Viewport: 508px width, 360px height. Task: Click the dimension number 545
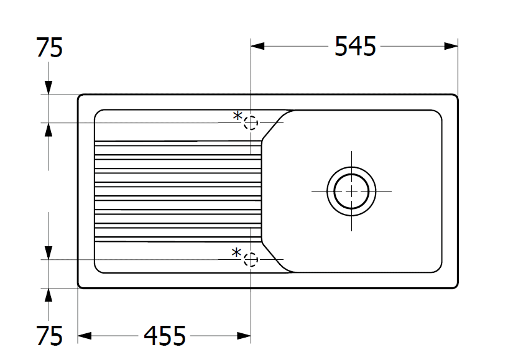pyautogui.click(x=355, y=47)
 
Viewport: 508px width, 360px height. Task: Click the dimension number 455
pyautogui.click(x=165, y=336)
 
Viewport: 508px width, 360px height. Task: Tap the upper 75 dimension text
pyautogui.click(x=49, y=48)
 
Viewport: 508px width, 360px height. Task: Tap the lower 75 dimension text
pyautogui.click(x=49, y=336)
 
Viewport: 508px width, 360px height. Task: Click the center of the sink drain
pyautogui.click(x=351, y=191)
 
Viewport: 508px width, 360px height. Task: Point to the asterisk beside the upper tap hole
pyautogui.click(x=238, y=116)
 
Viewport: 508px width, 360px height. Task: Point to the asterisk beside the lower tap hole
pyautogui.click(x=236, y=252)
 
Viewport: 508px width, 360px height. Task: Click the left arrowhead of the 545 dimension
pyautogui.click(x=257, y=47)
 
